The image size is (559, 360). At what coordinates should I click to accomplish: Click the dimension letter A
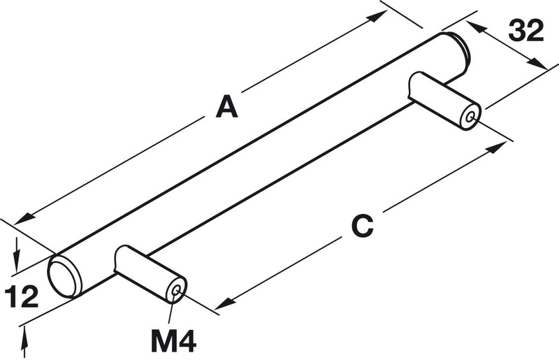[226, 106]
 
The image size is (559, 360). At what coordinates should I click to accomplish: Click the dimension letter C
[362, 226]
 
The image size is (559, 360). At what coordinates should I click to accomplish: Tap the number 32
[526, 30]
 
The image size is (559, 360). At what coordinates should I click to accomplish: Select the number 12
[22, 296]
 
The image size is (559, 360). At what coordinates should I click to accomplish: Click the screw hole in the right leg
[471, 116]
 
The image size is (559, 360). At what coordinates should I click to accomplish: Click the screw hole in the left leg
[175, 291]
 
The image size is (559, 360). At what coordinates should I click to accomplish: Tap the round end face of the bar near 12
[63, 277]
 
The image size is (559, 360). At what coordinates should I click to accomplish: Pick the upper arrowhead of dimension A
[379, 15]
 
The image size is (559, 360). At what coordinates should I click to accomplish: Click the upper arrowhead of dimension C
[498, 146]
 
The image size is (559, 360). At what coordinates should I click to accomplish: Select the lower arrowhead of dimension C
[224, 303]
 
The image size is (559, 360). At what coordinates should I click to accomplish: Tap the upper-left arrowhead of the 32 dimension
[476, 27]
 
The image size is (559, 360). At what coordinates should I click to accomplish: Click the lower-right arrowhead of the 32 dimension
[537, 64]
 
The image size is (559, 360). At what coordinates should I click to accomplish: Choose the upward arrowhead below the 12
[24, 338]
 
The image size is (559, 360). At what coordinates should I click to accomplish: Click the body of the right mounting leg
[444, 100]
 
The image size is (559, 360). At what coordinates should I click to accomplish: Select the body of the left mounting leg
[150, 273]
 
